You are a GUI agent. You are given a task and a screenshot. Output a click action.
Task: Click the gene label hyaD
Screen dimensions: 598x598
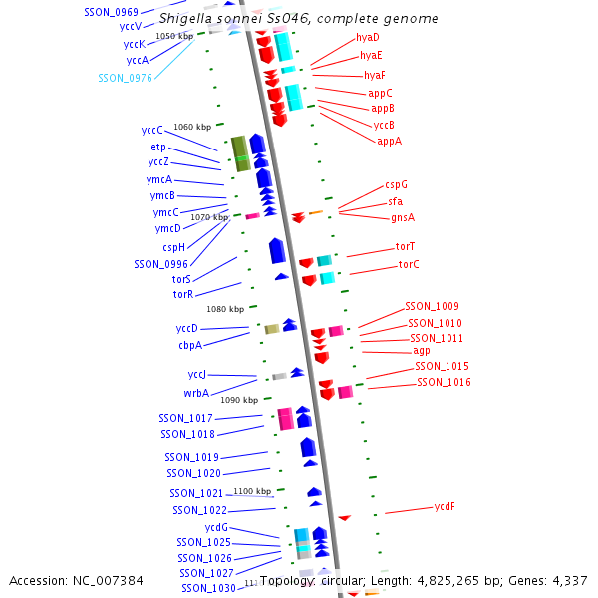tap(368, 37)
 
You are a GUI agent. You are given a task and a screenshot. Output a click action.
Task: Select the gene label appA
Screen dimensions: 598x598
tap(390, 142)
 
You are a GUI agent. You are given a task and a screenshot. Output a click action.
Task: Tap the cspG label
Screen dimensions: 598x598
tap(396, 184)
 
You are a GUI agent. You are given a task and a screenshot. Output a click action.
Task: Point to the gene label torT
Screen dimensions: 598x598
tap(405, 246)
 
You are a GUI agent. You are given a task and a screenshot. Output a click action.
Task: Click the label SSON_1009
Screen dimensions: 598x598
tap(432, 306)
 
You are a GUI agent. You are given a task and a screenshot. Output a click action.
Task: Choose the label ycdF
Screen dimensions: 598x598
tap(445, 506)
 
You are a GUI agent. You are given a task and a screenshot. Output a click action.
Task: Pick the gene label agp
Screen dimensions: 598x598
tap(422, 351)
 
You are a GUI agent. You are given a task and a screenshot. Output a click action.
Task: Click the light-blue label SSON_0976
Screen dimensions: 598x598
tap(126, 77)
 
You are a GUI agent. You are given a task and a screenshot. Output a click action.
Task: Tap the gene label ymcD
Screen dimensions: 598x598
tap(167, 228)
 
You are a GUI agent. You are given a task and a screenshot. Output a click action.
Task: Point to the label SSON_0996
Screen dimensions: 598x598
tap(160, 264)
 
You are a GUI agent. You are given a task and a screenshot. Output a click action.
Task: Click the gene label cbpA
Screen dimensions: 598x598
tap(190, 345)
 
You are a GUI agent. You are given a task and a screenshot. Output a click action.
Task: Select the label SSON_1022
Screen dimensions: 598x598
tap(199, 510)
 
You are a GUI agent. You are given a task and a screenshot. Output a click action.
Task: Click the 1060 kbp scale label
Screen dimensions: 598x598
tap(192, 127)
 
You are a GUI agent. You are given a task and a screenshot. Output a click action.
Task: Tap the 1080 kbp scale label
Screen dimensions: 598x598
tap(224, 309)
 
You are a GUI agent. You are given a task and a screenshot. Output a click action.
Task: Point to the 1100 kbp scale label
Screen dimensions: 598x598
tap(252, 491)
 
